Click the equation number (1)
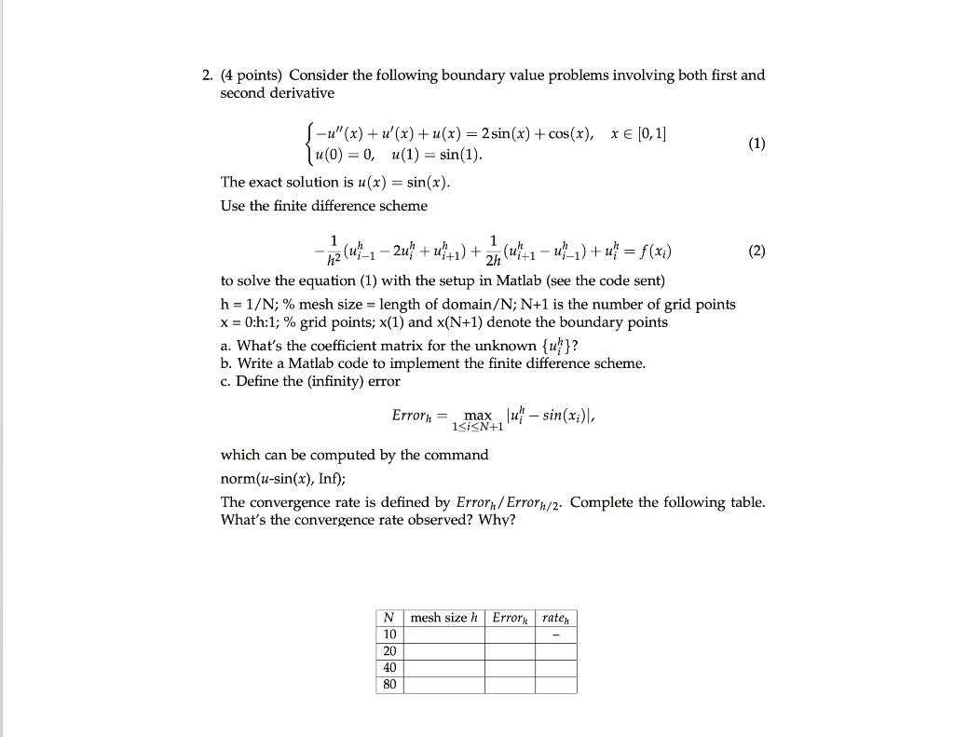(x=756, y=143)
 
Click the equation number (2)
(x=756, y=251)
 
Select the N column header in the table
(x=388, y=618)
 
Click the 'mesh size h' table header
(x=443, y=618)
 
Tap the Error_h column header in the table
(x=510, y=618)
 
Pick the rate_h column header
(x=556, y=618)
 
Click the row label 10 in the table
(x=388, y=635)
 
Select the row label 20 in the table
(x=388, y=651)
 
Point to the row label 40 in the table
(x=388, y=668)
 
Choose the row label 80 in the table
(x=388, y=685)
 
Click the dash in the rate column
(x=556, y=635)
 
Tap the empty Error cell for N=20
(x=510, y=651)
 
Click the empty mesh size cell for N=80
(x=443, y=685)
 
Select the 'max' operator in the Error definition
(x=478, y=415)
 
